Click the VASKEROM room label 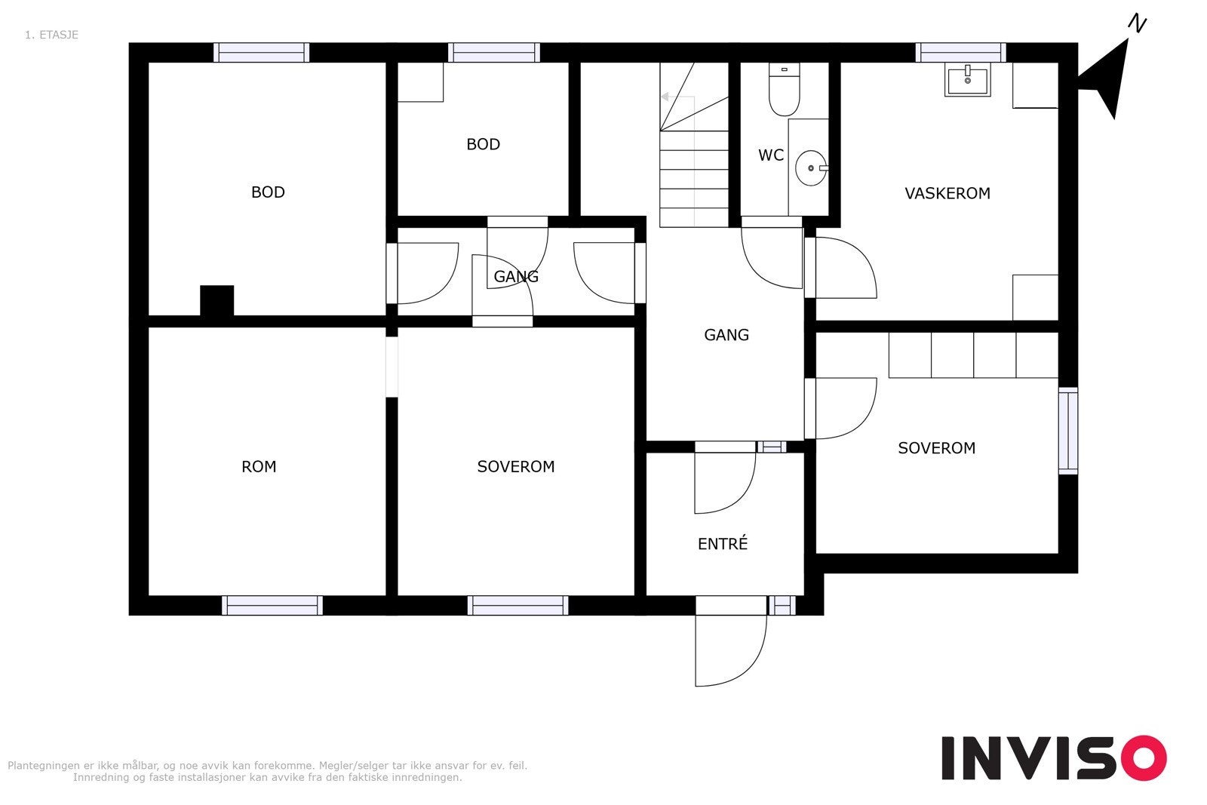[947, 193]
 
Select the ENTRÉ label [723, 543]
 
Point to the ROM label [259, 466]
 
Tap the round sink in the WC [811, 168]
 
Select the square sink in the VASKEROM [968, 80]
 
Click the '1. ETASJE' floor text [52, 35]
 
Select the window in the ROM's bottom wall [272, 606]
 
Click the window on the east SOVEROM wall [1068, 431]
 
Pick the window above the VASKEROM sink [961, 53]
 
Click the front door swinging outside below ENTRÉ [731, 641]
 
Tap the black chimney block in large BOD [217, 301]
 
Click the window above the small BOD [494, 53]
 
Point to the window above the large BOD [261, 53]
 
